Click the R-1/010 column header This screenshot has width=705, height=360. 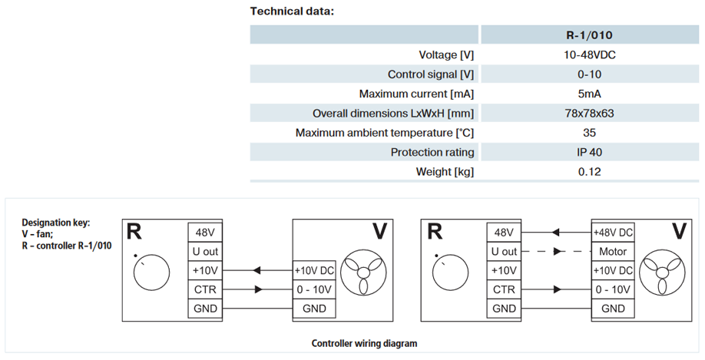589,35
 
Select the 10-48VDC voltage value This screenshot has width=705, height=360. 590,54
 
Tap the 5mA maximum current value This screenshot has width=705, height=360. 590,94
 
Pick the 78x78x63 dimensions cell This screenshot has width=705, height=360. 590,114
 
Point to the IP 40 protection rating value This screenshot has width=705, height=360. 590,152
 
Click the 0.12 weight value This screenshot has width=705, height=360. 590,172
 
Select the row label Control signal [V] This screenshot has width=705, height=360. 431,74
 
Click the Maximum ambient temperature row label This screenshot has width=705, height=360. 385,133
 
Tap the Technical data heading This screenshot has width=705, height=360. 293,12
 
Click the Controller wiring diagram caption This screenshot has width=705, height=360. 364,344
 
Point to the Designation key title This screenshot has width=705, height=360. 56,223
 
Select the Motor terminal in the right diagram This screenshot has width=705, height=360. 612,252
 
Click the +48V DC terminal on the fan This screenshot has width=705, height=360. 612,233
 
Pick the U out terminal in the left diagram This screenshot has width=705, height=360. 205,252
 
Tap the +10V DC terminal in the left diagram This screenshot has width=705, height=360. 314,270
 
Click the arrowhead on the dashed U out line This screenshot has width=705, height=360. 557,252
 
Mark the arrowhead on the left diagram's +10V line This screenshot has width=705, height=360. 257,270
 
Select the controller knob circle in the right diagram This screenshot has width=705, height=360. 450,273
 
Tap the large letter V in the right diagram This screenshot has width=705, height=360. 679,232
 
